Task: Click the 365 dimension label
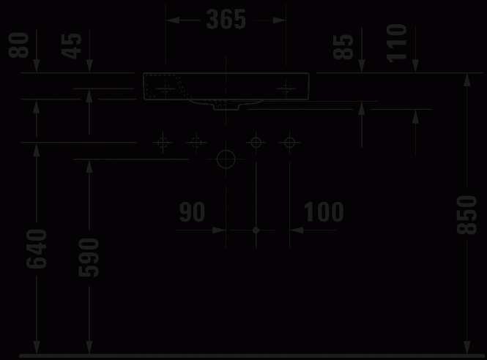click(226, 20)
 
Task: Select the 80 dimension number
click(19, 45)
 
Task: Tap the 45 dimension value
click(72, 46)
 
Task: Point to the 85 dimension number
click(343, 47)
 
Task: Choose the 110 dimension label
click(397, 43)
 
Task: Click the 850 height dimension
click(466, 215)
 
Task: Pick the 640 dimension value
click(37, 249)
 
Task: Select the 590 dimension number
click(89, 258)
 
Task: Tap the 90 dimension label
click(193, 212)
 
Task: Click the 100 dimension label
click(324, 212)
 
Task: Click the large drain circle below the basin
click(226, 160)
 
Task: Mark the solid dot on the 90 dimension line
click(256, 230)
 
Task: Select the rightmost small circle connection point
click(289, 143)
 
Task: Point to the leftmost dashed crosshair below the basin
click(163, 143)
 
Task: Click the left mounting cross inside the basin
click(166, 89)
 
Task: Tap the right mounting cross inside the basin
click(286, 89)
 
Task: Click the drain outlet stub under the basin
click(226, 107)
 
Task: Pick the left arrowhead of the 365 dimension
click(172, 20)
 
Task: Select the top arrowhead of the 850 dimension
click(466, 80)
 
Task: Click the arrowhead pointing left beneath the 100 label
click(297, 230)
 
